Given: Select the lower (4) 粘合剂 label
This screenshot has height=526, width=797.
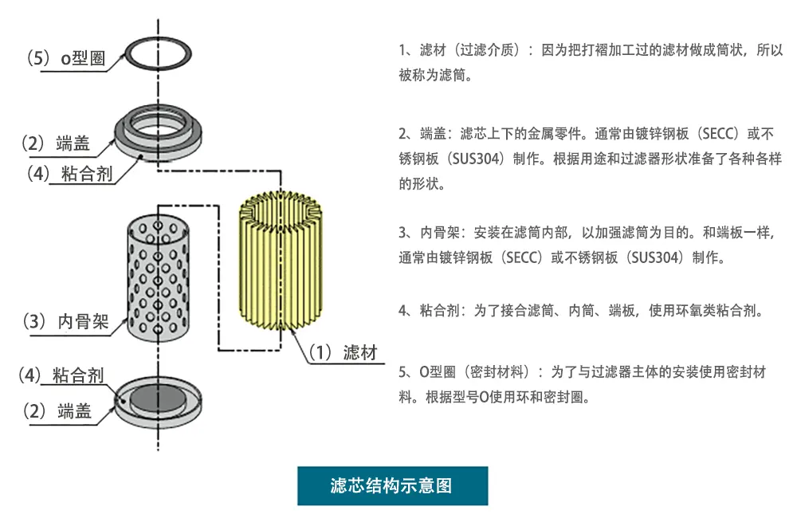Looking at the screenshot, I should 63,375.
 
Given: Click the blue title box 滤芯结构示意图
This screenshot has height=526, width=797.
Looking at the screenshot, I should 392,485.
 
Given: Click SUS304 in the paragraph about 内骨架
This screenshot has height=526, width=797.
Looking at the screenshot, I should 655,258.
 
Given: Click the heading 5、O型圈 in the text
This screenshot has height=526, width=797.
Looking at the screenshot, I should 426,372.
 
